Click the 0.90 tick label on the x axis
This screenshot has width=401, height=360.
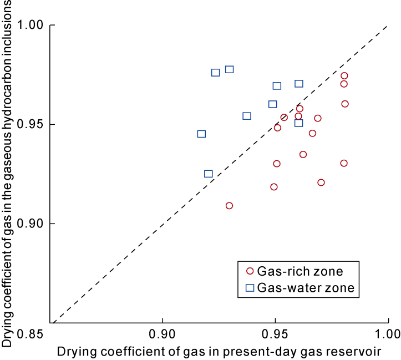coord(163,334)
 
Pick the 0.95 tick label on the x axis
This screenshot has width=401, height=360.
coord(276,334)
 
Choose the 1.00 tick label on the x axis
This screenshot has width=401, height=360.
coord(387,334)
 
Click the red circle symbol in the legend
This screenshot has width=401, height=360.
coord(250,271)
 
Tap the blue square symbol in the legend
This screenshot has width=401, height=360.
coord(250,287)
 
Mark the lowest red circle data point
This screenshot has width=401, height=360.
coord(229,206)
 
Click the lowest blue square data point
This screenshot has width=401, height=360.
coord(208,174)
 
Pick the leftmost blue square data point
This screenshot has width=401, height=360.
coord(201,134)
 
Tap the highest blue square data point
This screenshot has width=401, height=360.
coord(229,69)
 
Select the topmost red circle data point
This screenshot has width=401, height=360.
coord(344,75)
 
